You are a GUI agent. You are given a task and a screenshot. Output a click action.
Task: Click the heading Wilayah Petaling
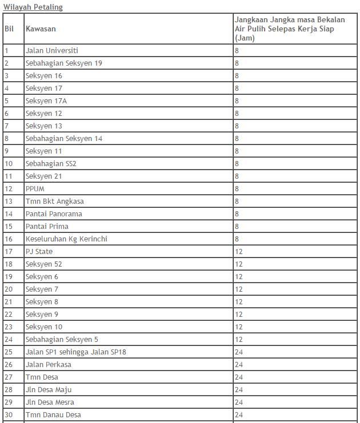(x=33, y=7)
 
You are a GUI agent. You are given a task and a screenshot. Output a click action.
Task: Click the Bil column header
(x=9, y=29)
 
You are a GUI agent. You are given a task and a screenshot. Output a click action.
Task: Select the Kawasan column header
(x=41, y=29)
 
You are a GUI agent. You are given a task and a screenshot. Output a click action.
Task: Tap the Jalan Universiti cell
(x=52, y=51)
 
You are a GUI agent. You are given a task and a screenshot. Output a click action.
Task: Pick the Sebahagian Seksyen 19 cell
(x=64, y=63)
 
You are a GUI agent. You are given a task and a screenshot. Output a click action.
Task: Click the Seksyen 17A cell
(x=46, y=101)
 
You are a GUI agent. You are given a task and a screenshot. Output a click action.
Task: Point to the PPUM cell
(x=35, y=189)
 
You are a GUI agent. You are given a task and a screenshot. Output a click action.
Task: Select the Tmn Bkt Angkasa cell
(x=55, y=202)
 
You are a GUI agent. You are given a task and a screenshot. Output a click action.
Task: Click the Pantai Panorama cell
(x=54, y=214)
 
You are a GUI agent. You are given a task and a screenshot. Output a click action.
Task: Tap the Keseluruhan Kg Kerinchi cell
(x=66, y=239)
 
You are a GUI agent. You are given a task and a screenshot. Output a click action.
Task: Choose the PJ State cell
(x=39, y=252)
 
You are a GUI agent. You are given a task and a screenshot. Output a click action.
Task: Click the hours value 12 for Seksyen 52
(x=239, y=264)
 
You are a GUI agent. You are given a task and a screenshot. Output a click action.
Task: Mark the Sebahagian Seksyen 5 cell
(x=62, y=340)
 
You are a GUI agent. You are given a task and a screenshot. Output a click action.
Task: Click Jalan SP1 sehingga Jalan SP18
(x=76, y=352)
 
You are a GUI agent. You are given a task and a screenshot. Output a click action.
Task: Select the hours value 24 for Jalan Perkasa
(x=239, y=365)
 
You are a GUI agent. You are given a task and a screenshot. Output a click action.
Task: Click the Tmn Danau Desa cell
(x=53, y=415)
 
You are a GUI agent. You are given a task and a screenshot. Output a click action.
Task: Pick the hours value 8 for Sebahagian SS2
(x=237, y=164)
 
